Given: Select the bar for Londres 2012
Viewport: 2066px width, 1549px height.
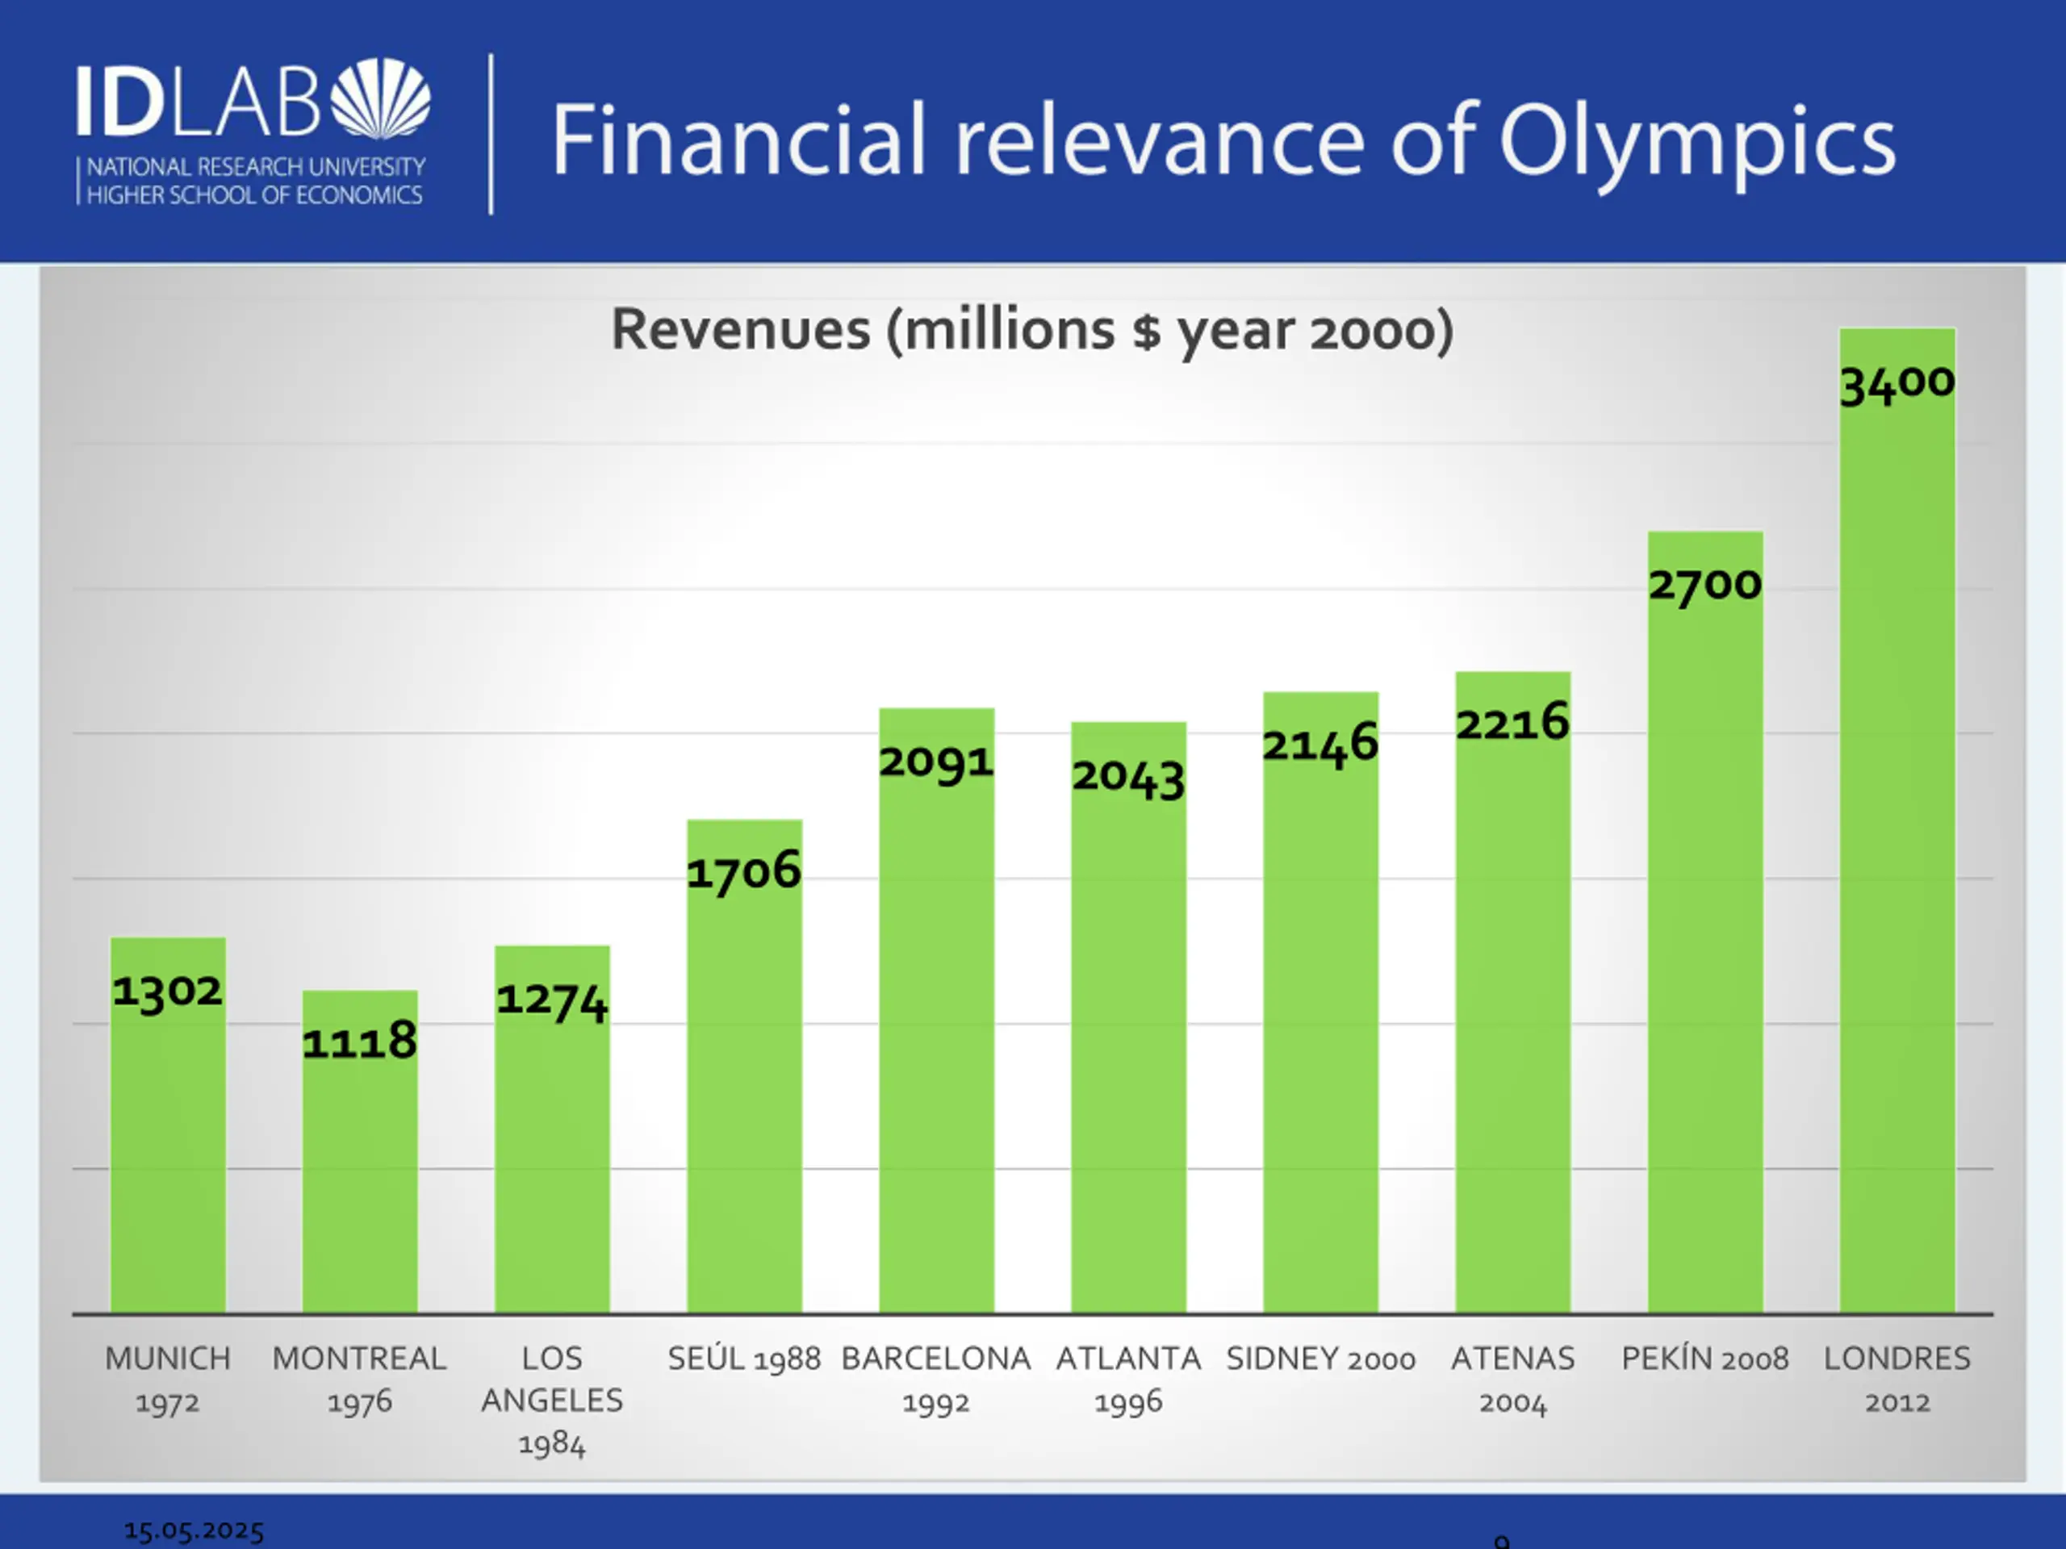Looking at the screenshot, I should [x=1897, y=841].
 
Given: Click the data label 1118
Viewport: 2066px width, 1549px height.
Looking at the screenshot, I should [x=360, y=1041].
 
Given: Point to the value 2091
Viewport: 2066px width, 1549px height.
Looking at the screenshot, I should [x=936, y=762].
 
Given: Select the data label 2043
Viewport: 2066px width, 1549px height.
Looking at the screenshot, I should [x=1128, y=777].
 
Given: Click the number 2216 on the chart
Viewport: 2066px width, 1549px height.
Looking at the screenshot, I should [x=1512, y=723].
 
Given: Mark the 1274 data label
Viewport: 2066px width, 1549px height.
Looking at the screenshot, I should [x=552, y=1000].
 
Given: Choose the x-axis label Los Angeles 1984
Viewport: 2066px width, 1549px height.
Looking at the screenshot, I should [x=552, y=1400].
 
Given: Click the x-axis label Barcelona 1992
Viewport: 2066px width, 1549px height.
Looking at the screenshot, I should [x=936, y=1379].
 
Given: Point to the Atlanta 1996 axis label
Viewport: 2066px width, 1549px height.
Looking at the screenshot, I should [x=1128, y=1379].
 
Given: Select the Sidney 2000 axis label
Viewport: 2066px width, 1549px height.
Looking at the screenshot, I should [x=1320, y=1359].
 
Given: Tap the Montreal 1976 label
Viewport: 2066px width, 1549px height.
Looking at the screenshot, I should [x=360, y=1379].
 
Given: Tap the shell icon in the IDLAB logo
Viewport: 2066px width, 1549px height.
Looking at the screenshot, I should [x=381, y=98].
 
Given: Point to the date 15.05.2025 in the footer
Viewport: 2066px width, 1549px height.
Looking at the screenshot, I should [x=194, y=1530].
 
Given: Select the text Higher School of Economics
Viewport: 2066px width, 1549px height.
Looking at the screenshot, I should [x=254, y=195].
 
